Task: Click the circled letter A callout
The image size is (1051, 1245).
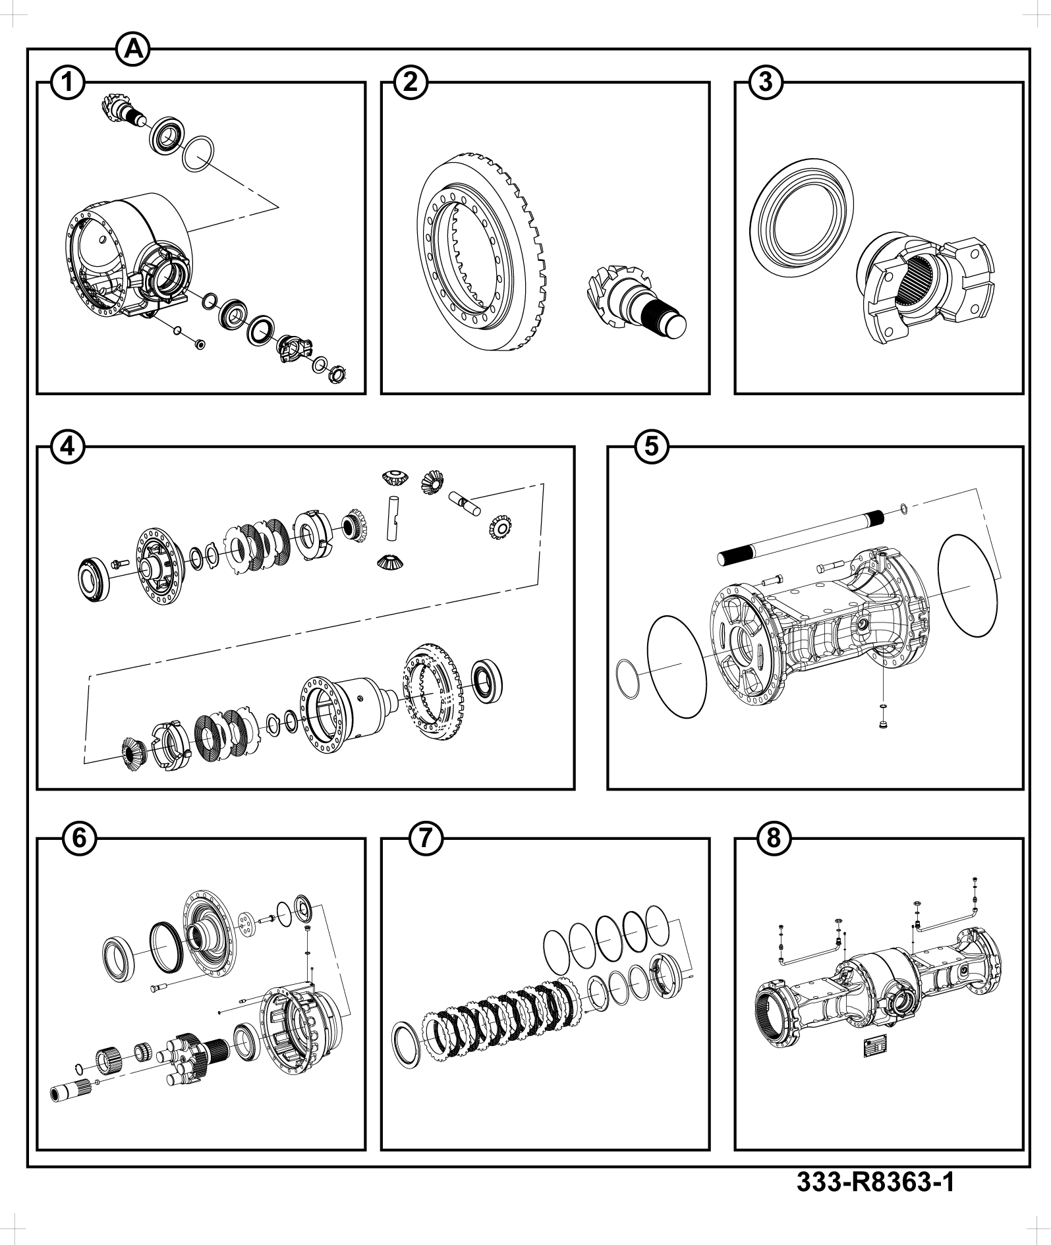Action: coord(133,49)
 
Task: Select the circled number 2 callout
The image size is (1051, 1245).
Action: coord(411,83)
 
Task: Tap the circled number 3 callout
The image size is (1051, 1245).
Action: coord(766,83)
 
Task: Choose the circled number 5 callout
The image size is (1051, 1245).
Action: coord(651,447)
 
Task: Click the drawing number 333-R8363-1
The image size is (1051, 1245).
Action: coord(876,1182)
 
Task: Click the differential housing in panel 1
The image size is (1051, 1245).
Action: coord(125,257)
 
